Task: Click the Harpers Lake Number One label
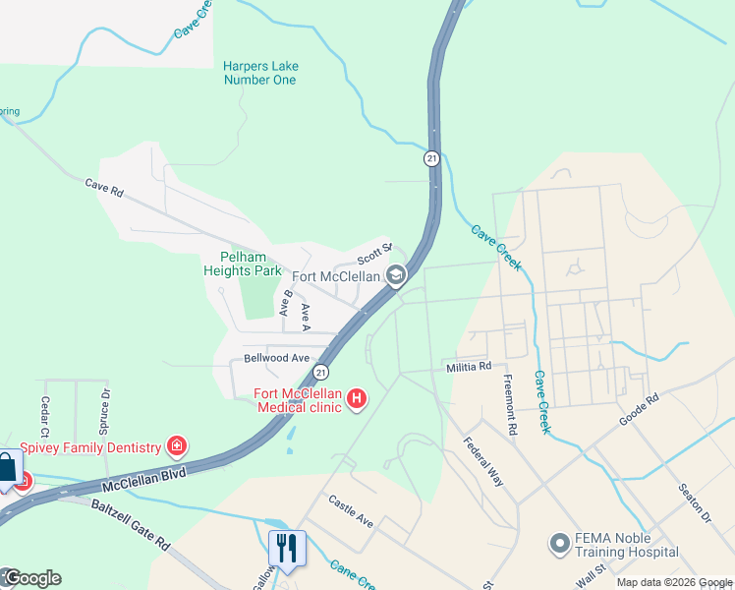point(260,73)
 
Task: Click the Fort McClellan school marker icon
point(396,276)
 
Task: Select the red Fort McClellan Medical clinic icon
point(357,399)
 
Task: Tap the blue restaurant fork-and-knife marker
point(287,548)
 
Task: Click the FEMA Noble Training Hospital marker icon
point(560,543)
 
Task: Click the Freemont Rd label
point(510,404)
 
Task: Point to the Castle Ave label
point(351,510)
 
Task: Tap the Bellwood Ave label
point(278,358)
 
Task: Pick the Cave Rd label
point(103,187)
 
